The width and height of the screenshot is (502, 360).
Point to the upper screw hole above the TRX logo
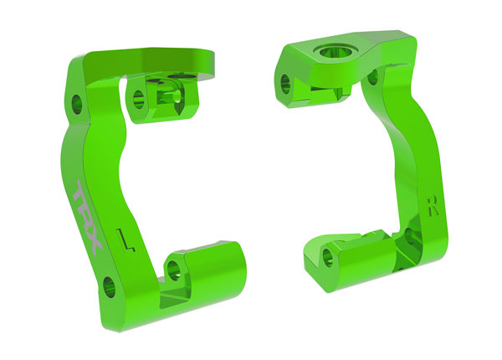pyautogui.click(x=76, y=105)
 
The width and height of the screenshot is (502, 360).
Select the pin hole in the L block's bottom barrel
pyautogui.click(x=173, y=269)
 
